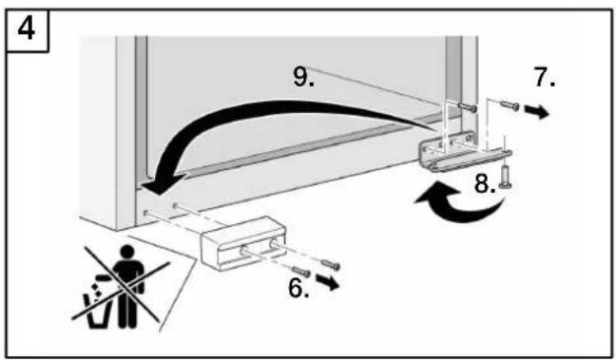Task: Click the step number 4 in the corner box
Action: (27, 29)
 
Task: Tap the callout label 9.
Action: (303, 76)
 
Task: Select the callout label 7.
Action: (545, 77)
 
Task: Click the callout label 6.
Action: (298, 288)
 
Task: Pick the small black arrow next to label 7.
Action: (537, 112)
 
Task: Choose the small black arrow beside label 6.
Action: (328, 282)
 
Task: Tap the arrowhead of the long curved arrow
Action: (160, 184)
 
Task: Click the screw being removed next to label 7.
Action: (510, 104)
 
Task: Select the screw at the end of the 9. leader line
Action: (468, 106)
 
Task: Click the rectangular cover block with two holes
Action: (243, 243)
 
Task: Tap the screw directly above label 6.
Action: (301, 271)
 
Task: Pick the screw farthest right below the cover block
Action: (331, 265)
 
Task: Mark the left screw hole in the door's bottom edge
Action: (146, 213)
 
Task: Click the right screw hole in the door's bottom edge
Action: (175, 205)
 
